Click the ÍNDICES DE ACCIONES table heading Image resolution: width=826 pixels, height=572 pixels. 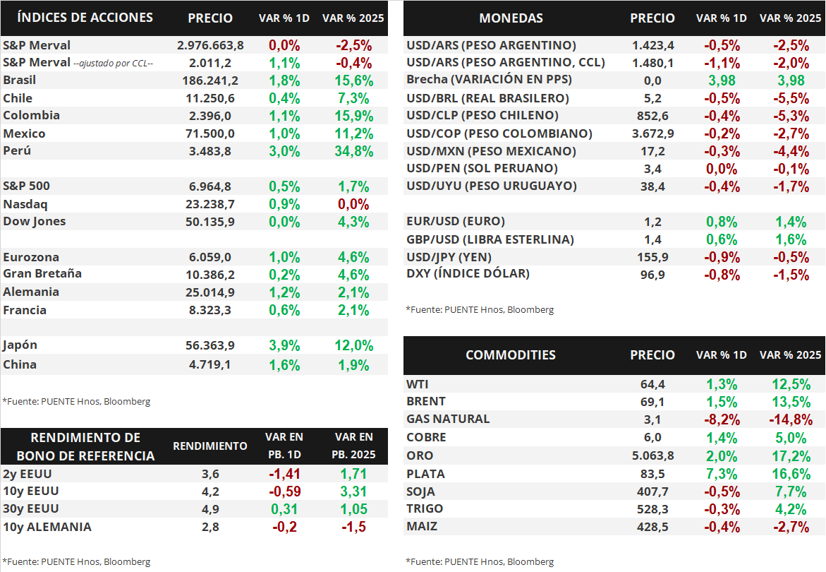click(85, 18)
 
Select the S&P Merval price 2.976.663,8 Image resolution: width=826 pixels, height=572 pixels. click(210, 45)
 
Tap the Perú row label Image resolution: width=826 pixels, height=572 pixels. click(17, 150)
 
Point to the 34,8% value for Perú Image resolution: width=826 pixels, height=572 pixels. click(355, 151)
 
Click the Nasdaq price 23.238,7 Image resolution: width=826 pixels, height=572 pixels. click(210, 204)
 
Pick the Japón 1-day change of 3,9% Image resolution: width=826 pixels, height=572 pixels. click(284, 345)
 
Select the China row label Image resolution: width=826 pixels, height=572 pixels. click(20, 365)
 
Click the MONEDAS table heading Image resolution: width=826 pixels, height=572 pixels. click(511, 18)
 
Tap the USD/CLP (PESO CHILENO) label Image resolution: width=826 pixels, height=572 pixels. click(482, 115)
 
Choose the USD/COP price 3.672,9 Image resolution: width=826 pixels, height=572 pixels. click(652, 133)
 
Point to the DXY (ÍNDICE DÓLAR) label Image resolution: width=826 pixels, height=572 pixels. click(468, 273)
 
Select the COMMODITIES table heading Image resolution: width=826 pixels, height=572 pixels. click(511, 355)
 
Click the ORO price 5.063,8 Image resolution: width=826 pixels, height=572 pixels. click(652, 455)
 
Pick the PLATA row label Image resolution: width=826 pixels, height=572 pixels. click(425, 473)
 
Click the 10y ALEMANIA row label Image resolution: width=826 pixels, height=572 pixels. click(47, 527)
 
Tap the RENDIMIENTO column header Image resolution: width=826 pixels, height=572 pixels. click(210, 446)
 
